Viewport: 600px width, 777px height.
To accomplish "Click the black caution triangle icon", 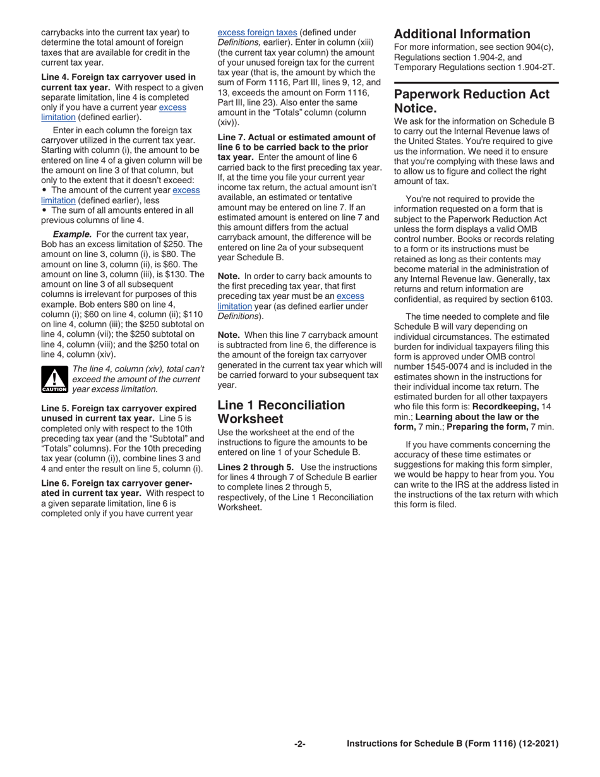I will tap(54, 379).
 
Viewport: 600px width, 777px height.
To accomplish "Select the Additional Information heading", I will tap(462, 34).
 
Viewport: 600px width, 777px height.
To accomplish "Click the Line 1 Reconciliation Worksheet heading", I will tap(281, 411).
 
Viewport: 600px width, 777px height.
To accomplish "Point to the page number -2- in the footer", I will tap(300, 744).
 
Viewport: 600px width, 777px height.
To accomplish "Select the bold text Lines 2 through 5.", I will tap(256, 467).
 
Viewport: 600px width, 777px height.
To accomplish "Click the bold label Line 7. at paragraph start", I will tap(233, 137).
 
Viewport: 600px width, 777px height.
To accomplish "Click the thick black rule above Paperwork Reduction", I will tap(476, 83).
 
